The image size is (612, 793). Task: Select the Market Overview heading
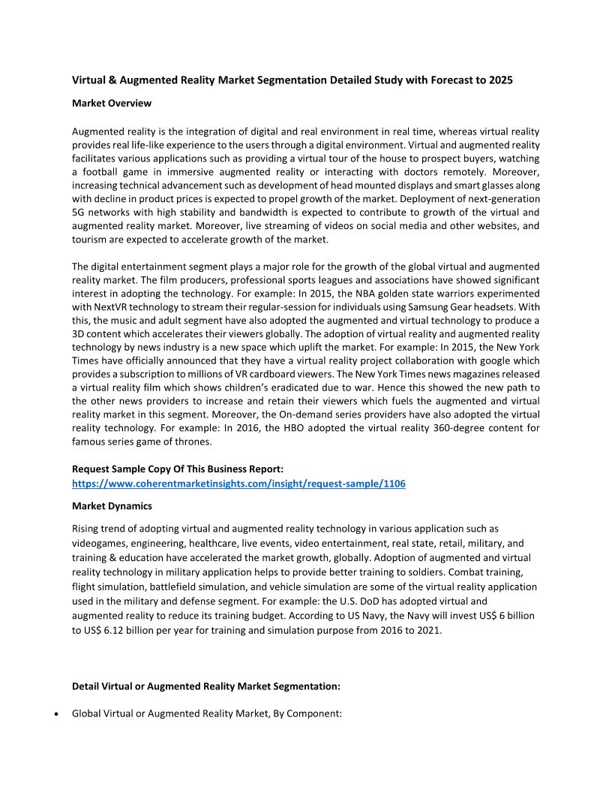[x=111, y=102]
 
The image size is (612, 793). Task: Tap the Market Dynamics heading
[x=112, y=506]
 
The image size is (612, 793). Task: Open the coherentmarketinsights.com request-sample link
[x=238, y=484]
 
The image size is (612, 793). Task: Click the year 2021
[x=428, y=630]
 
